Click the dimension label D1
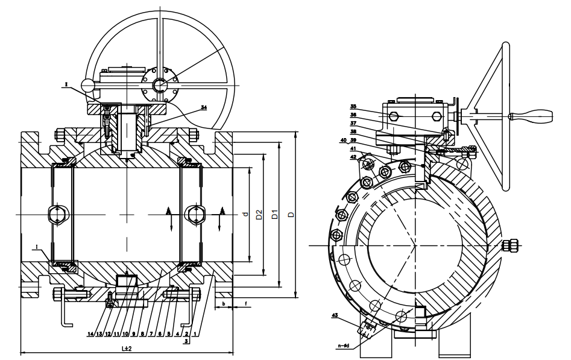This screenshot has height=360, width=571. [274, 214]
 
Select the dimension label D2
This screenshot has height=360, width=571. [258, 214]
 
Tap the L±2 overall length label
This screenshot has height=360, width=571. [127, 349]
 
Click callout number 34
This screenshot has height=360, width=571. [204, 107]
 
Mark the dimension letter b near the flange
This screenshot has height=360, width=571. [223, 304]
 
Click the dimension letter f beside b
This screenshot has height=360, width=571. [246, 304]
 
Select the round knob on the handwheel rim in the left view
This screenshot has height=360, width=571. [88, 84]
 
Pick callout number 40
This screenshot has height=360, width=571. [344, 141]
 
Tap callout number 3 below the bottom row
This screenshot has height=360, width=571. [186, 341]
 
